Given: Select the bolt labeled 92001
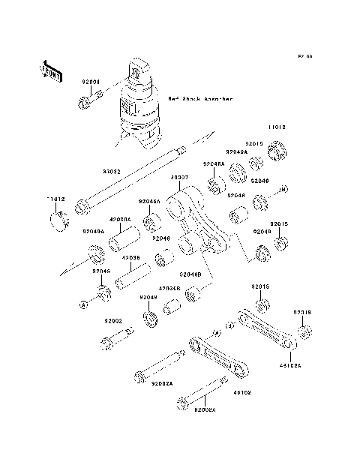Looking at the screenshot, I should (85, 97).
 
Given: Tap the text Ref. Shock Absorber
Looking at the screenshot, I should (200, 98).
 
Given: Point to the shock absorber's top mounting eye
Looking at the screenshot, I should (139, 71).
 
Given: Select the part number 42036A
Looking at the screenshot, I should (121, 219).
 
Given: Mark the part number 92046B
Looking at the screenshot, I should (190, 274).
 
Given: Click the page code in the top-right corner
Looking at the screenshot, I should (304, 56).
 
